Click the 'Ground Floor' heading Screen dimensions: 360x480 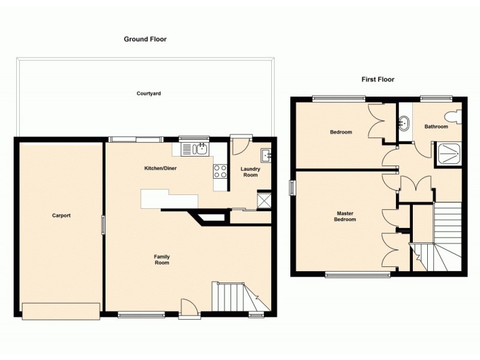[145, 39]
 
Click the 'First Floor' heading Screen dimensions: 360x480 [377, 79]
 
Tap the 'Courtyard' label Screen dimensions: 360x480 [148, 94]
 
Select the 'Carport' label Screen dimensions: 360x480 [61, 215]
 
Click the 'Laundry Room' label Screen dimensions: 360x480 [250, 172]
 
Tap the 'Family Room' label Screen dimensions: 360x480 [161, 259]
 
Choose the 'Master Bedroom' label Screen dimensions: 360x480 [346, 216]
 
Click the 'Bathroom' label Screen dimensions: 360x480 [436, 127]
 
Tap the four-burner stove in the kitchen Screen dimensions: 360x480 [220, 171]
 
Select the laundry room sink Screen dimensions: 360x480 [266, 155]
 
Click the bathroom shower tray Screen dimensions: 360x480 [449, 152]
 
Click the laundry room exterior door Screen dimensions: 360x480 [241, 144]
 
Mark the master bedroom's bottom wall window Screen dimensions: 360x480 [358, 275]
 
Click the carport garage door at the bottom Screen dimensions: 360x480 [61, 311]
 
